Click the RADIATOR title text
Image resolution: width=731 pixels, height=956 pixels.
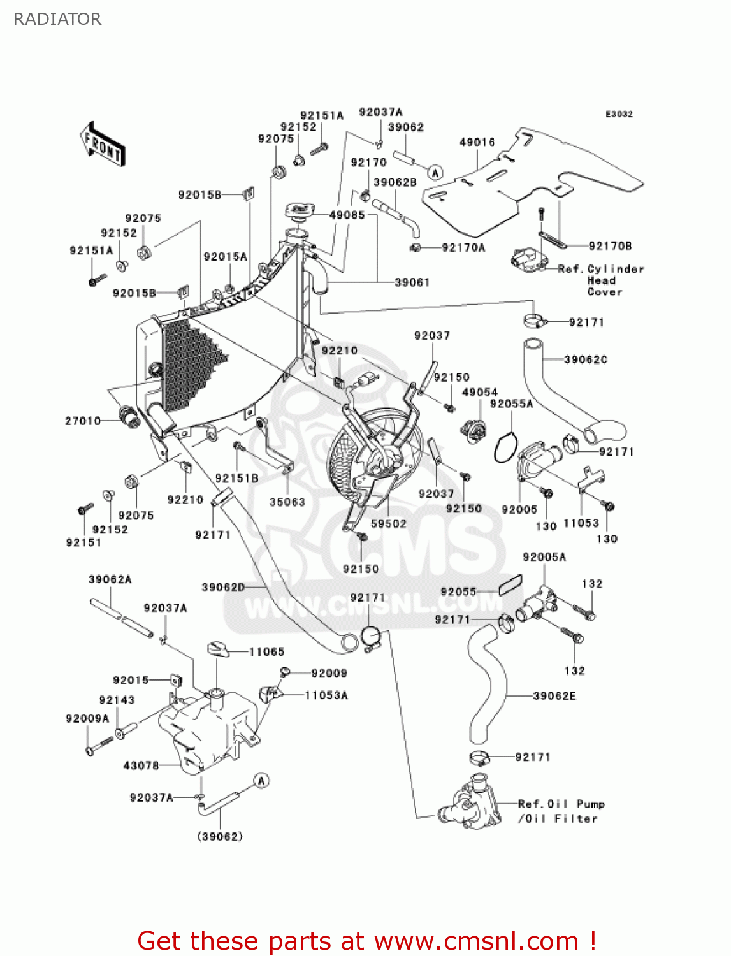pyautogui.click(x=57, y=19)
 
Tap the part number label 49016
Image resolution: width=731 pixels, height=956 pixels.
pyautogui.click(x=477, y=142)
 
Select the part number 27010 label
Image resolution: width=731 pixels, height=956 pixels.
pyautogui.click(x=83, y=421)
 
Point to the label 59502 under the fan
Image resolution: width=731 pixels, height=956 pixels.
pyautogui.click(x=389, y=523)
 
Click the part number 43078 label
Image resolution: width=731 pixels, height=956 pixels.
pyautogui.click(x=141, y=765)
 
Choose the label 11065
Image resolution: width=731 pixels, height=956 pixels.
pyautogui.click(x=266, y=651)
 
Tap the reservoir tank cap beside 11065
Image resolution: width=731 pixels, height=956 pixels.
pyautogui.click(x=219, y=649)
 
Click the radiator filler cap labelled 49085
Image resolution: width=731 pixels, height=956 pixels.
pyautogui.click(x=300, y=210)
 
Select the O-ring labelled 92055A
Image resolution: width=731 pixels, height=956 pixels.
pyautogui.click(x=505, y=447)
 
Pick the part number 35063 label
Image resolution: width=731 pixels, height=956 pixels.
pyautogui.click(x=287, y=502)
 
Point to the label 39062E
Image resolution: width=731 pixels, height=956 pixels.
pyautogui.click(x=554, y=696)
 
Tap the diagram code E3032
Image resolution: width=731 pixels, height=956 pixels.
pyautogui.click(x=619, y=114)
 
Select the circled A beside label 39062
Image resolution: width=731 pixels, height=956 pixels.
pyautogui.click(x=435, y=172)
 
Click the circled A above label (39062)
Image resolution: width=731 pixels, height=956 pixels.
pyautogui.click(x=261, y=780)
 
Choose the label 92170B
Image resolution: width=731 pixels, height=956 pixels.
pyautogui.click(x=610, y=246)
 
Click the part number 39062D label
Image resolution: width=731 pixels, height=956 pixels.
pyautogui.click(x=223, y=587)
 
